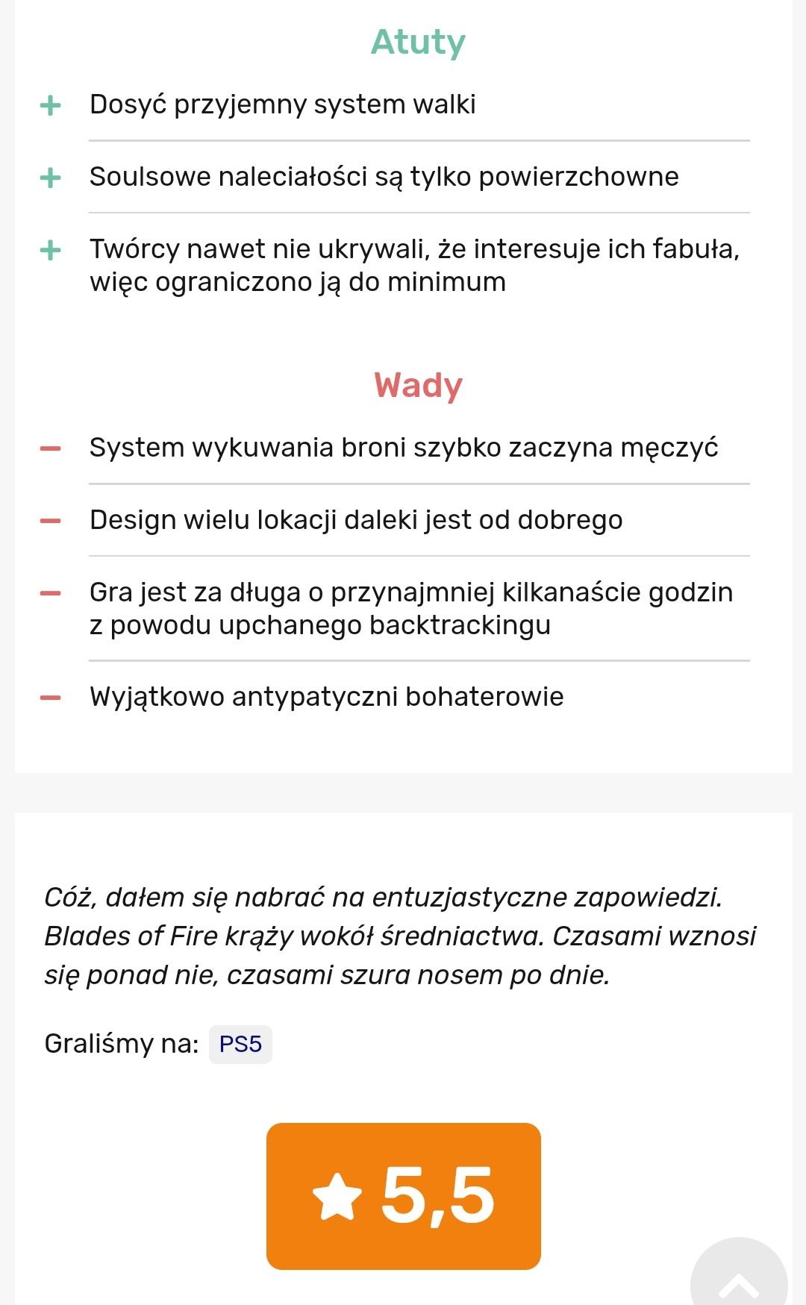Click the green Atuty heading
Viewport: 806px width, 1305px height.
pos(418,42)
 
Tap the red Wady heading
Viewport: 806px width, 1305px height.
pos(418,386)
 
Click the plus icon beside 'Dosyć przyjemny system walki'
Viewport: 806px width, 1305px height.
pos(50,105)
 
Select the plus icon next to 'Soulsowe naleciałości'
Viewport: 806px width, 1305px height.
pos(50,178)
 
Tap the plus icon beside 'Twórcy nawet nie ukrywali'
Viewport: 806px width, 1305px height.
pos(50,250)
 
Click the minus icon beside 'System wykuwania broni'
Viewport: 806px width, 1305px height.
pos(50,448)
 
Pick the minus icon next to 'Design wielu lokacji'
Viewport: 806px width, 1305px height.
pos(50,521)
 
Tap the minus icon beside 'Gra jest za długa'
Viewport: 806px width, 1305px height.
pos(50,593)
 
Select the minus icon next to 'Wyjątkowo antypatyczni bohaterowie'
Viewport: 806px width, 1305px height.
pos(50,698)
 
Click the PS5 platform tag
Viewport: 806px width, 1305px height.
pos(240,1044)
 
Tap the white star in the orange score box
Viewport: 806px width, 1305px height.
pos(337,1197)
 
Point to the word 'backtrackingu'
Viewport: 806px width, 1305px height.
pos(460,625)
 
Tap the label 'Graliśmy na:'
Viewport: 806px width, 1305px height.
pos(121,1043)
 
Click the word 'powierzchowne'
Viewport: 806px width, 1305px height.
pos(578,177)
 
